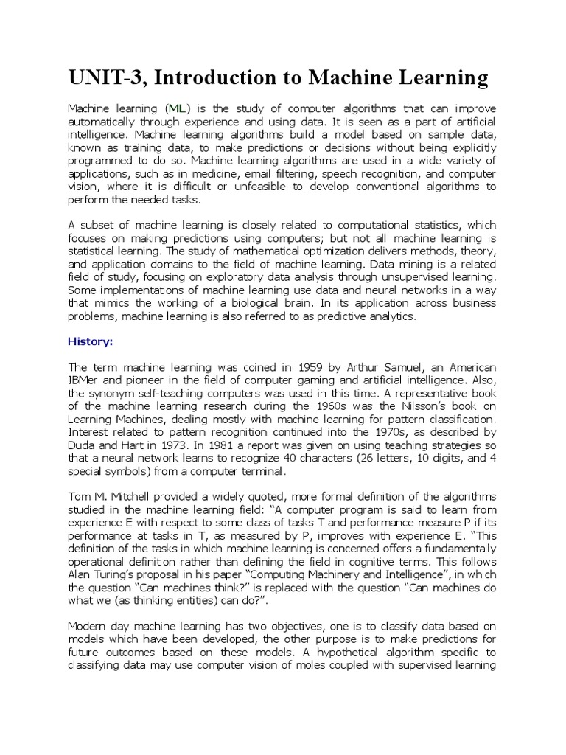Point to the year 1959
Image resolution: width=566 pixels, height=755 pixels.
303,367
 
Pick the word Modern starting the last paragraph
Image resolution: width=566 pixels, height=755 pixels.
88,627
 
